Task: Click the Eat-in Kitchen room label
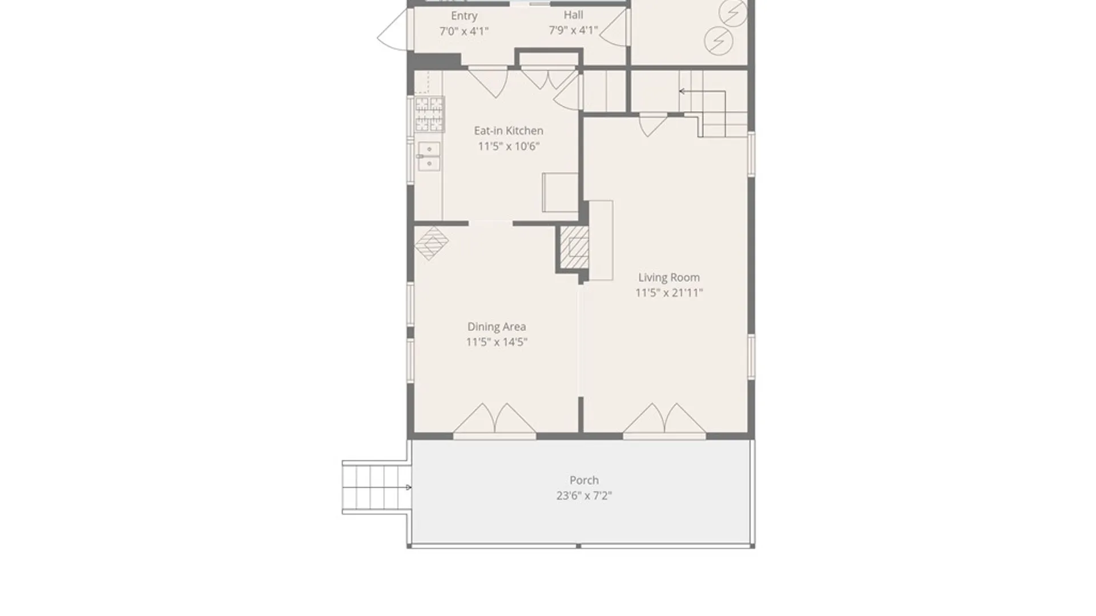pos(509,131)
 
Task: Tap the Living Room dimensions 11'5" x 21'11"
pos(669,293)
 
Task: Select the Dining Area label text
pos(497,327)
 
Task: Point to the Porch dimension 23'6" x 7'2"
pos(584,496)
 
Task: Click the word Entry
pos(464,16)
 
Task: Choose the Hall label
pos(573,15)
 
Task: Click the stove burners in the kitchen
pos(429,114)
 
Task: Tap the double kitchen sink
pos(429,156)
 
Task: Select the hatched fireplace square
pos(574,247)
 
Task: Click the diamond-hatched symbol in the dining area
pos(432,243)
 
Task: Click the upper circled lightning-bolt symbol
pos(733,13)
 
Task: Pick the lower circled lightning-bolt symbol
pos(719,40)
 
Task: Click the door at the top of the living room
pos(653,126)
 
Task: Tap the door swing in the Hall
pos(614,29)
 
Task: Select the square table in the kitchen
pos(560,193)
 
